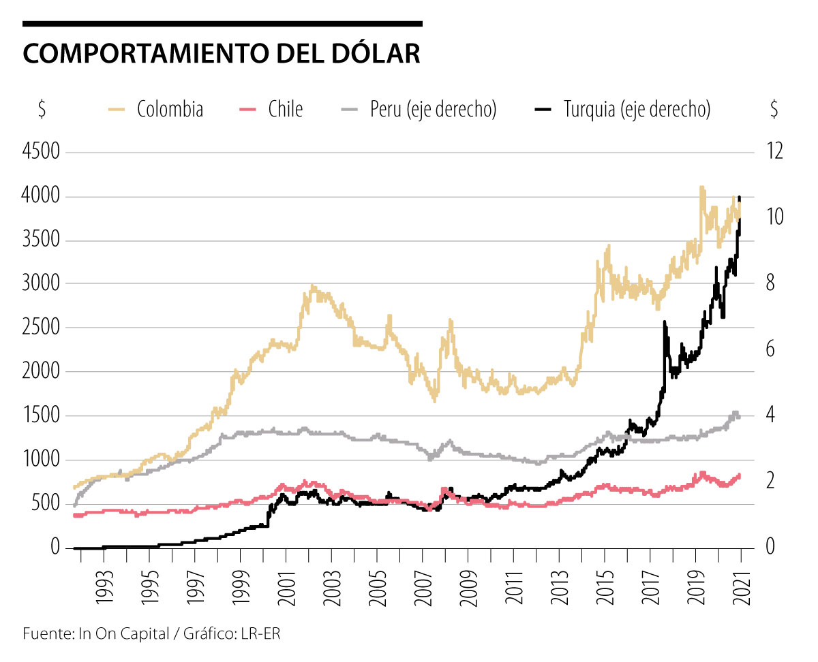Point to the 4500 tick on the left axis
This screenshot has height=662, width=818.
[x=42, y=152]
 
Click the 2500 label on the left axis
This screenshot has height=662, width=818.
[x=42, y=328]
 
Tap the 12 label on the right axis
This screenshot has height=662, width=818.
[x=774, y=152]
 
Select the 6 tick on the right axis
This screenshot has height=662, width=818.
[x=771, y=349]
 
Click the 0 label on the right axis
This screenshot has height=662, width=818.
[x=771, y=548]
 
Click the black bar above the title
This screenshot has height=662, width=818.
[x=222, y=24]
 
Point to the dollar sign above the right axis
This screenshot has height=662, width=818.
[x=774, y=109]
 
